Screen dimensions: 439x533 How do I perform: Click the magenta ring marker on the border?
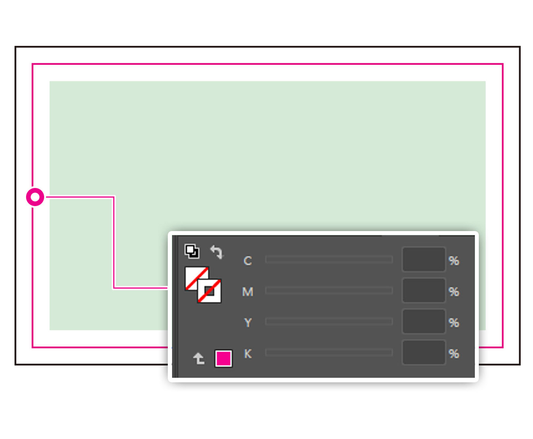(35, 197)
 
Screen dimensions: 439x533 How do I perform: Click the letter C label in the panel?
(248, 261)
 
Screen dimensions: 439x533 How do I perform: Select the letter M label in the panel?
(248, 292)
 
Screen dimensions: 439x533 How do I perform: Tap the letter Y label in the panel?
(248, 322)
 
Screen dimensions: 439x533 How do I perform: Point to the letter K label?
(248, 354)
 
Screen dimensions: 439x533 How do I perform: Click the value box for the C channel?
(424, 259)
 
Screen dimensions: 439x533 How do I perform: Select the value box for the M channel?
(424, 290)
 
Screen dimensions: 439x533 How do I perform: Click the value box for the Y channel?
(424, 321)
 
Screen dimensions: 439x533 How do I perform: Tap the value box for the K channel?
(424, 352)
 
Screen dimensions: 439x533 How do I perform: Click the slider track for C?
(329, 259)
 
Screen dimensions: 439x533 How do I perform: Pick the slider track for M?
(329, 291)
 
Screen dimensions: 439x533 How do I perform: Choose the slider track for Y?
(329, 321)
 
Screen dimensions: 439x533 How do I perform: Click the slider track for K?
(329, 352)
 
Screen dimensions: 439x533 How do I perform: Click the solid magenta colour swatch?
(223, 358)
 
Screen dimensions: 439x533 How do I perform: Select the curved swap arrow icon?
(217, 252)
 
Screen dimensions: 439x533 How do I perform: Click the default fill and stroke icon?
(192, 251)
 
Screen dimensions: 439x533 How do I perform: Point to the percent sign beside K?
(454, 354)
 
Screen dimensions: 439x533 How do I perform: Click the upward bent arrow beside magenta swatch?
(199, 358)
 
